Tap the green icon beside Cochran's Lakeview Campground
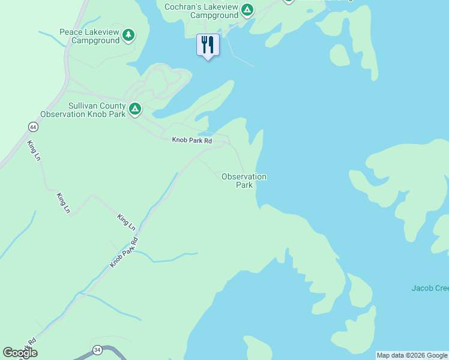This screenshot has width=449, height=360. coord(247,10)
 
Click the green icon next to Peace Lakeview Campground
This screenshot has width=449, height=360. coord(128,35)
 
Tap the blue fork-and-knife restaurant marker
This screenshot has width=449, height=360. coord(208,45)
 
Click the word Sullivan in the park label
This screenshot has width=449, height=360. coord(83,104)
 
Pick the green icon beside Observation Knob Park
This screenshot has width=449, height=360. coord(136,109)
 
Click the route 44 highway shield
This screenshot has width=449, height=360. coord(32,127)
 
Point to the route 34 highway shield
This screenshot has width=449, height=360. coord(97,350)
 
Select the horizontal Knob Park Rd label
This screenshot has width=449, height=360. coord(192,140)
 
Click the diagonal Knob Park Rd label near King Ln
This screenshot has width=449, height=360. coord(124,253)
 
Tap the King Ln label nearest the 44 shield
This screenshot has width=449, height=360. coord(34,150)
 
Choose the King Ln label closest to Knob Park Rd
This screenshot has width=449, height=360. coord(126,222)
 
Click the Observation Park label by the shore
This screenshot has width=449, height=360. coord(244,181)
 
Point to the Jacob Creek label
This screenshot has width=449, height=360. coord(430,288)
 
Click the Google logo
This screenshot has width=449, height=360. coord(20,353)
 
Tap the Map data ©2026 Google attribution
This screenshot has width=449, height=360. coord(412,355)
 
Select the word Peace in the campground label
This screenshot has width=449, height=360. coord(70,32)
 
